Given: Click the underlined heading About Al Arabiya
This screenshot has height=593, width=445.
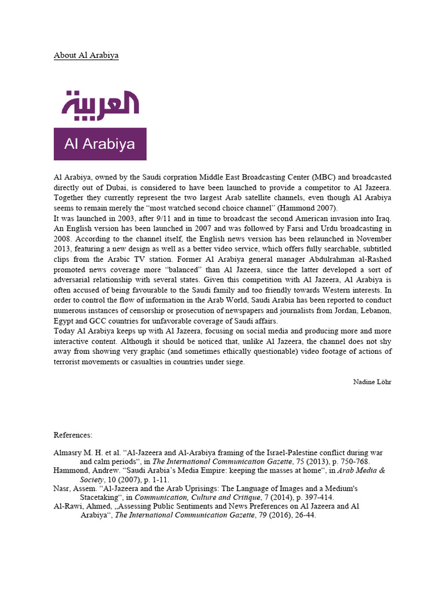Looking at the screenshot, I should click(86, 56).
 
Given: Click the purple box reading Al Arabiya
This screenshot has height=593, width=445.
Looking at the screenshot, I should click(100, 144).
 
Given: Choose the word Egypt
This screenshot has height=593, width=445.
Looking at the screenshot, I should click(64, 321).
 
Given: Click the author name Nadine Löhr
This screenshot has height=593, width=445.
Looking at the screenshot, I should click(372, 382).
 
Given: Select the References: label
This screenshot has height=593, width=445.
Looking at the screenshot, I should click(73, 435).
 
